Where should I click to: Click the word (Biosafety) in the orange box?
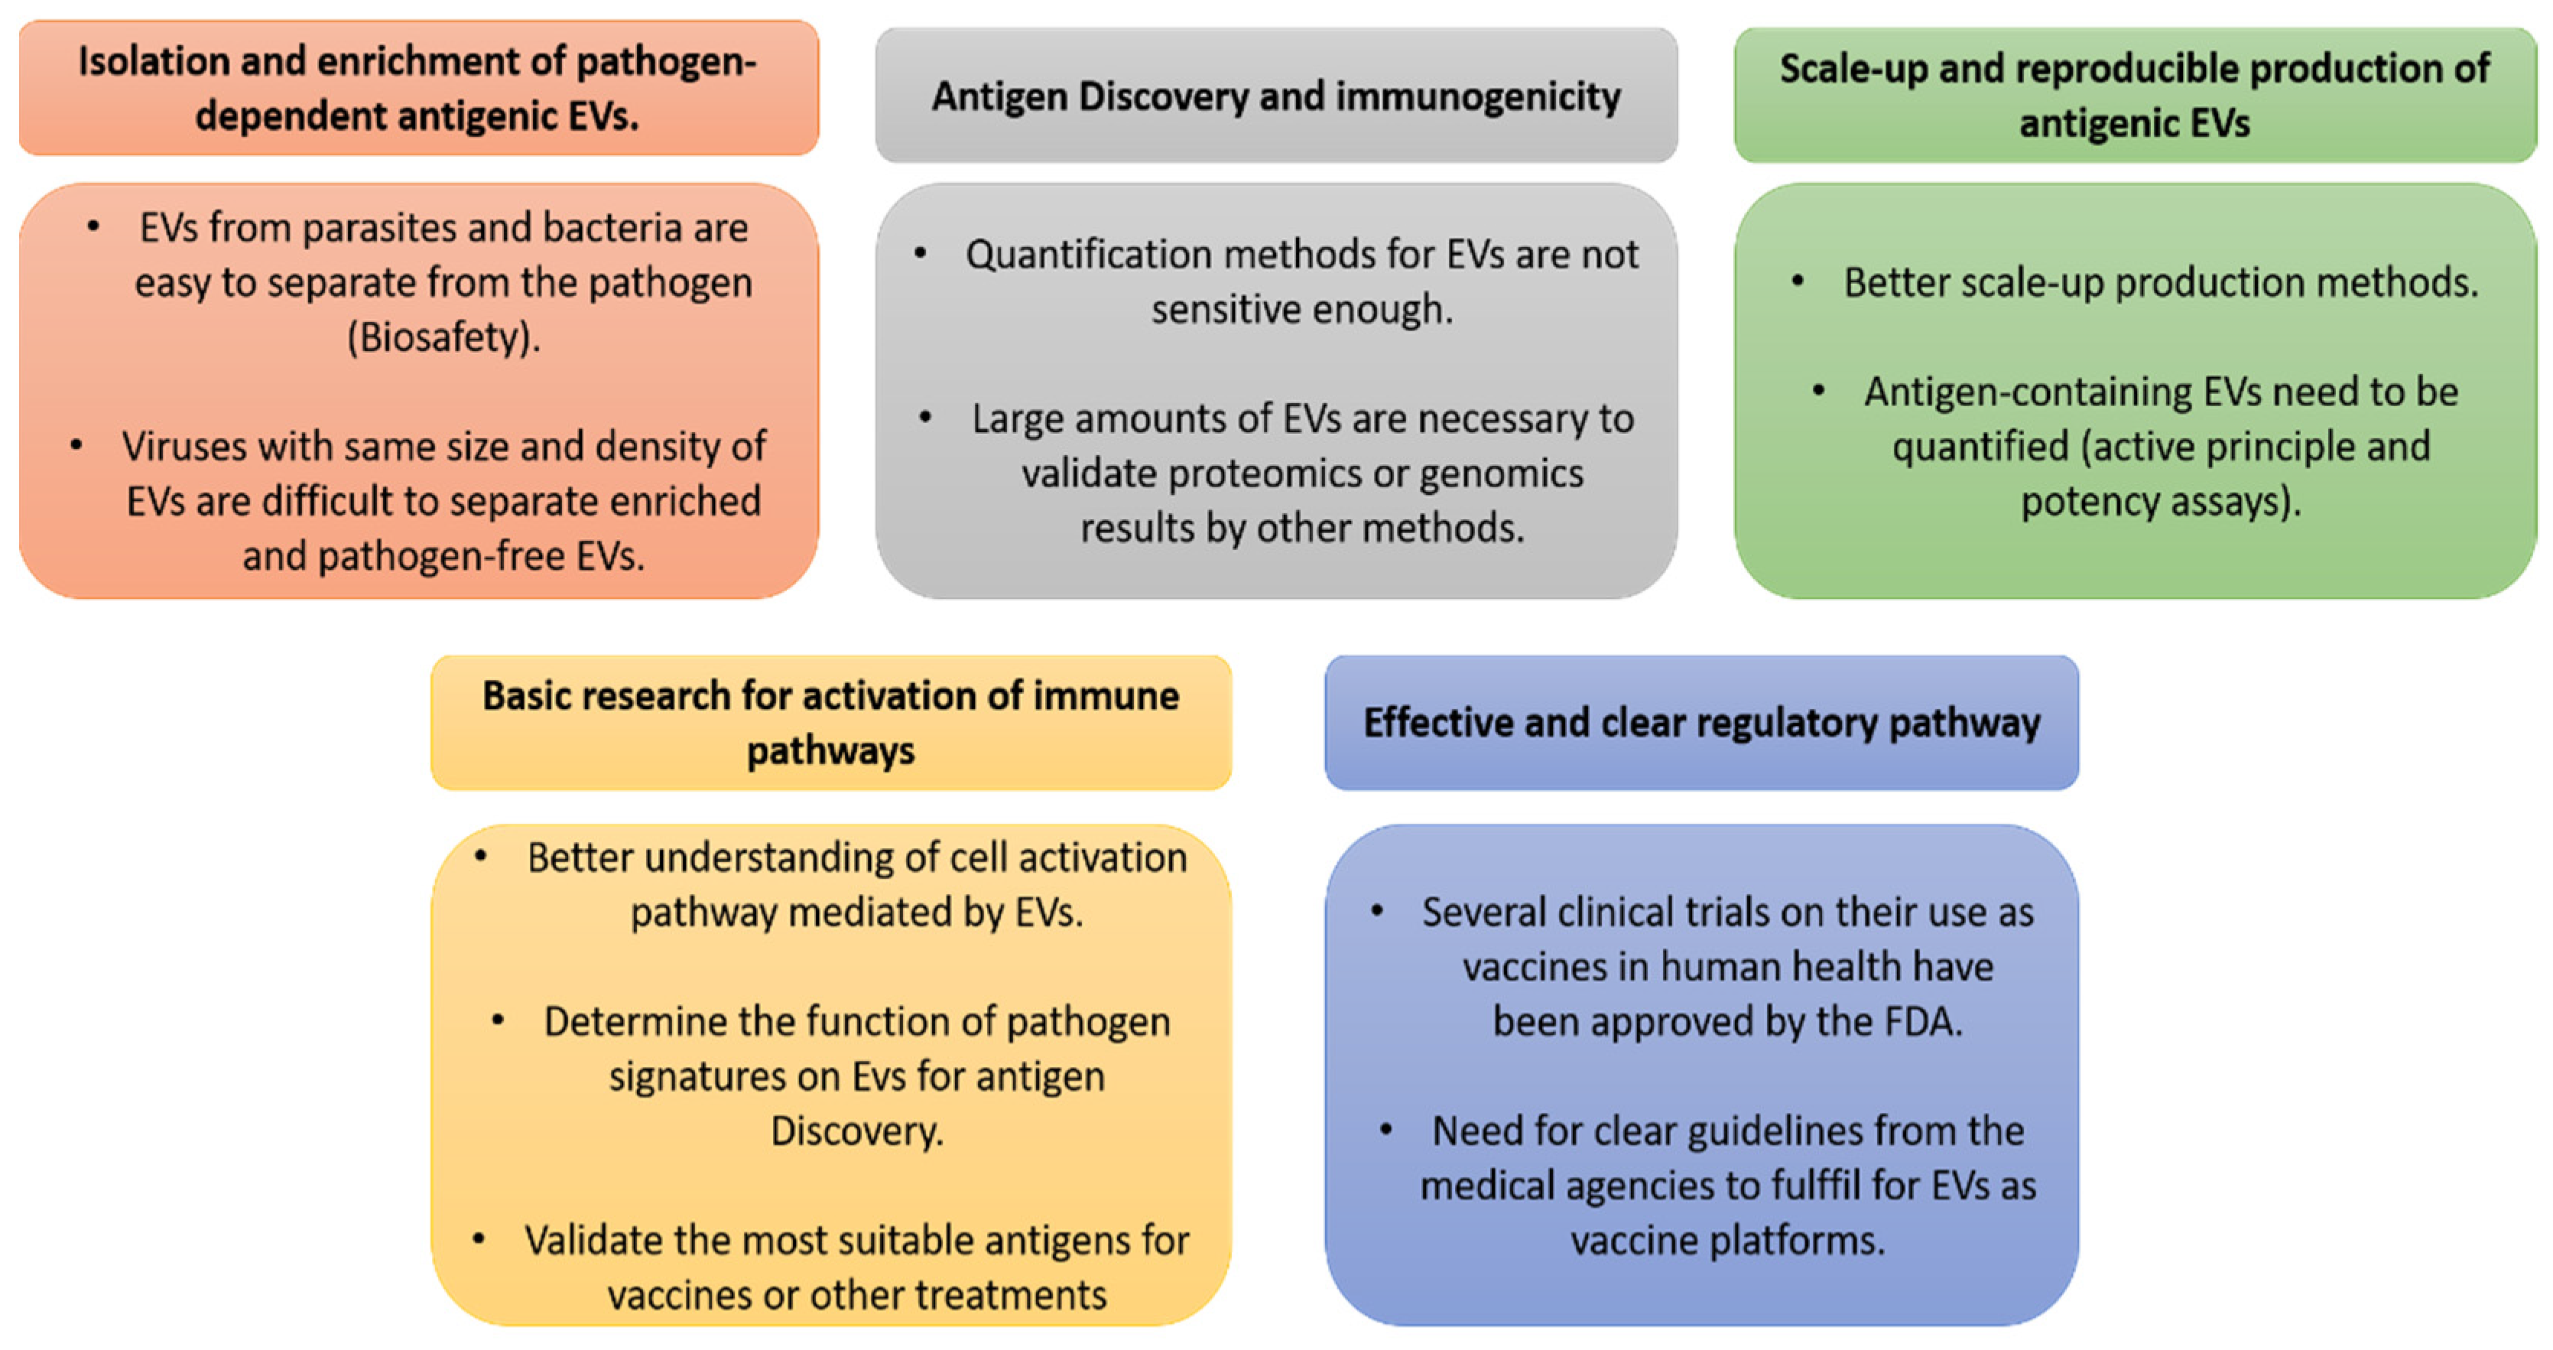443,338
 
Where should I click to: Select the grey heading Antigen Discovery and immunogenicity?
1275,96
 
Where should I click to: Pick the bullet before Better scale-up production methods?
1797,281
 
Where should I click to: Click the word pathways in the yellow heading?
830,751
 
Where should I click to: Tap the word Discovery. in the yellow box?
857,1131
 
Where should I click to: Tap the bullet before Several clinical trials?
1376,911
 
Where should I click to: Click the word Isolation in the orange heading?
154,61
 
